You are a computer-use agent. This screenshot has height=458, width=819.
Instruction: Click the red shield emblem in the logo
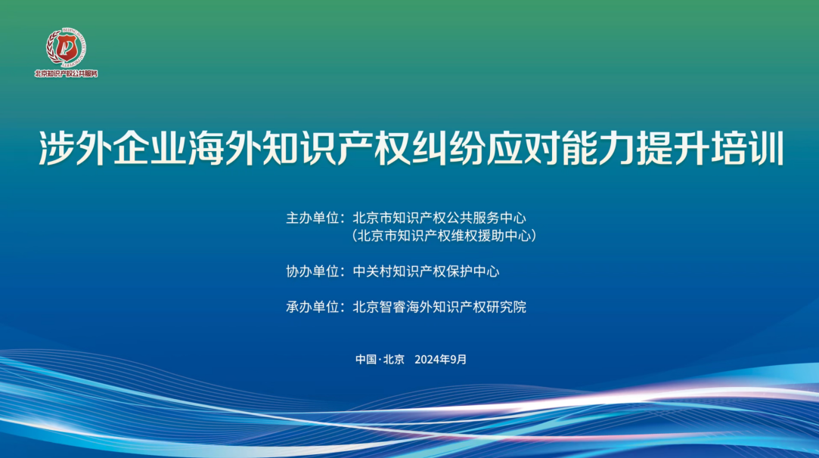pyautogui.click(x=67, y=48)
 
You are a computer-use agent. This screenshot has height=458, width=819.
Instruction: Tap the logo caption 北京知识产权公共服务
pyautogui.click(x=67, y=73)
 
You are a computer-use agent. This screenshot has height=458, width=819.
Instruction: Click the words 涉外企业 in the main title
pyautogui.click(x=113, y=148)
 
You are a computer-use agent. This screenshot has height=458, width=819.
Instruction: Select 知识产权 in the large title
pyautogui.click(x=337, y=148)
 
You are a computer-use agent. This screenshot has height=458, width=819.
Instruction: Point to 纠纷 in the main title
pyautogui.click(x=448, y=148)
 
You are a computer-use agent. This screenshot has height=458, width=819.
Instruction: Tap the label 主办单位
pyautogui.click(x=312, y=218)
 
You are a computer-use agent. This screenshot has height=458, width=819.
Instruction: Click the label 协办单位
pyautogui.click(x=312, y=271)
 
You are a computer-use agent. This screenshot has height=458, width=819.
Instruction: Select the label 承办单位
pyautogui.click(x=312, y=307)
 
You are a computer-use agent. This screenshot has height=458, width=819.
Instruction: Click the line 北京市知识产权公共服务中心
pyautogui.click(x=439, y=218)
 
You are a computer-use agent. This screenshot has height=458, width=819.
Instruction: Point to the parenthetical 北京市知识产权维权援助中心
pyautogui.click(x=444, y=236)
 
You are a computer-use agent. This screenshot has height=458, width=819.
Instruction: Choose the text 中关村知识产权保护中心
pyautogui.click(x=426, y=271)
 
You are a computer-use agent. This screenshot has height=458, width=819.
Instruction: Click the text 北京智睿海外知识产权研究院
pyautogui.click(x=439, y=307)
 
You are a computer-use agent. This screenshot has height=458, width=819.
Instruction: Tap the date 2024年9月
pyautogui.click(x=440, y=359)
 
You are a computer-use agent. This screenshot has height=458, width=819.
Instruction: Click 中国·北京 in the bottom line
pyautogui.click(x=380, y=359)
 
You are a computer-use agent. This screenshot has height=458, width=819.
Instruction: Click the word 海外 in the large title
pyautogui.click(x=225, y=148)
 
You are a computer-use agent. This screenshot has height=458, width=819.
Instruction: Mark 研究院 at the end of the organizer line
pyautogui.click(x=506, y=307)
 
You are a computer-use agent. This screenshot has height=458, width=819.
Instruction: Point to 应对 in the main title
pyautogui.click(x=523, y=148)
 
